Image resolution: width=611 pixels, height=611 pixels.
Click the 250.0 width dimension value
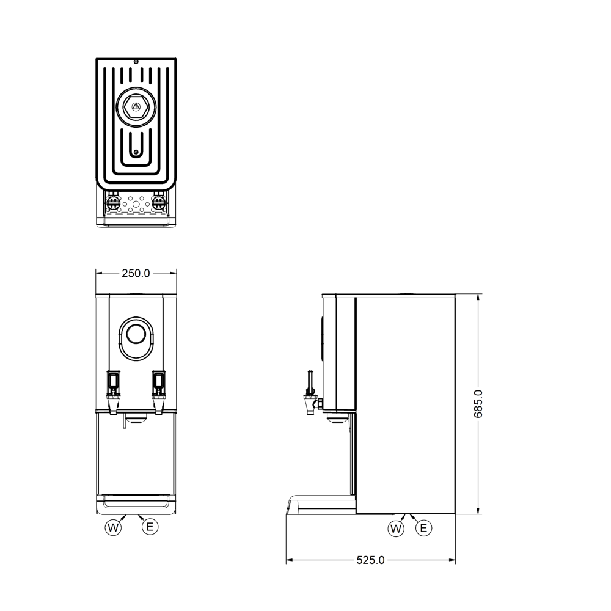[136, 274]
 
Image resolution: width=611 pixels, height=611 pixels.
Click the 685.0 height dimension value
[478, 404]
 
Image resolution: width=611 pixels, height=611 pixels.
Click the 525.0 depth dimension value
[371, 560]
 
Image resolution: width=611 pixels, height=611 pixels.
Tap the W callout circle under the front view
[113, 528]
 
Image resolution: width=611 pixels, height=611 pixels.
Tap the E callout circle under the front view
[150, 527]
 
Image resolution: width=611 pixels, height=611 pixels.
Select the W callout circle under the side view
[396, 529]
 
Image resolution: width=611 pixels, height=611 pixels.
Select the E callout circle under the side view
[424, 528]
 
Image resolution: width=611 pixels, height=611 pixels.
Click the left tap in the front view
[114, 392]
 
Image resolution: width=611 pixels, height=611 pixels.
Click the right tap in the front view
[159, 392]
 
